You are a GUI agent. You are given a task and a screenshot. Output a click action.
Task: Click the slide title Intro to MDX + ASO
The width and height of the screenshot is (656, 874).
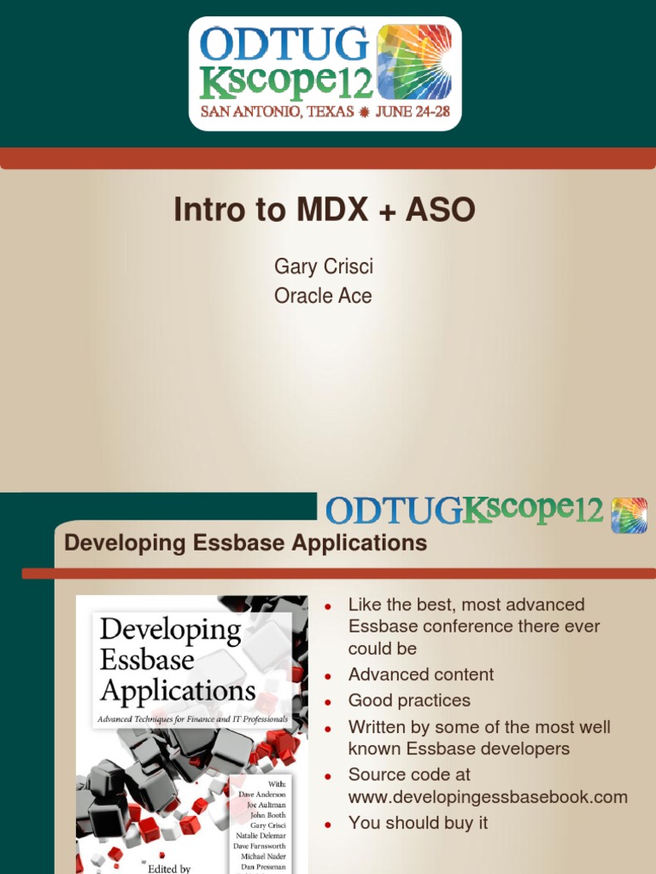click(324, 210)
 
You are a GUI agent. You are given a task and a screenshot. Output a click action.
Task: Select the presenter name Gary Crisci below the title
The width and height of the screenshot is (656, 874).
click(324, 266)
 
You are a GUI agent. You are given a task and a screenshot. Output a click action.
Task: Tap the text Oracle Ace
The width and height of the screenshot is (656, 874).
click(324, 296)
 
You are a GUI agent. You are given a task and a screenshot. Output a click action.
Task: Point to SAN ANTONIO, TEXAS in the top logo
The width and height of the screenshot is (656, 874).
click(277, 112)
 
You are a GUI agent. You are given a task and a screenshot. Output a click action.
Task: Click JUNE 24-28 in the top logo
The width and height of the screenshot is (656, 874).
click(414, 112)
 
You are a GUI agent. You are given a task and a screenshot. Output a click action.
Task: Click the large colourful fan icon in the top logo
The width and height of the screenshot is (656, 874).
click(413, 61)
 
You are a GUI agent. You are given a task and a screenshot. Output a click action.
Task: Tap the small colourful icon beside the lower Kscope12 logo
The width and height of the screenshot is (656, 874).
click(629, 515)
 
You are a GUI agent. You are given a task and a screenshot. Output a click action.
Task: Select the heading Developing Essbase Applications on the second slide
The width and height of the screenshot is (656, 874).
click(246, 543)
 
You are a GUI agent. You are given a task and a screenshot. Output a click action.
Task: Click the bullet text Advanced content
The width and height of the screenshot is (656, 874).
click(421, 674)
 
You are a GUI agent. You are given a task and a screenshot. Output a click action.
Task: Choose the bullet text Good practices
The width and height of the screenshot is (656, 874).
click(409, 701)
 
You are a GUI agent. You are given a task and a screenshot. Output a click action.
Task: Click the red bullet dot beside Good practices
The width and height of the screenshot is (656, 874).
click(327, 702)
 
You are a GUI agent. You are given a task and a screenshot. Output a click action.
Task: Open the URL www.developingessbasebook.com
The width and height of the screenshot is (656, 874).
click(488, 797)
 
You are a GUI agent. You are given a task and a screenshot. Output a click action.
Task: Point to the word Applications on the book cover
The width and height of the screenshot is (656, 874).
click(178, 689)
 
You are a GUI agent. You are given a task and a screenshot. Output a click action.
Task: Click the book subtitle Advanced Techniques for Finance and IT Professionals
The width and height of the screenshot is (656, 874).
click(193, 720)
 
